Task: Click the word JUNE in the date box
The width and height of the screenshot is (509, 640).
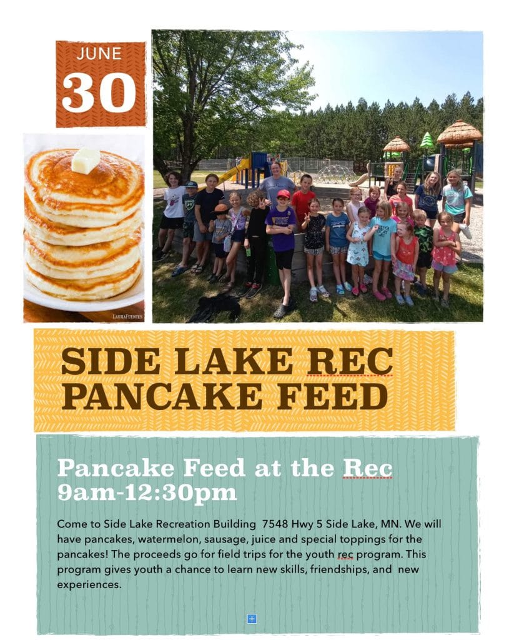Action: tap(99, 54)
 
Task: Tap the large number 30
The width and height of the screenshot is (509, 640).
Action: tap(99, 92)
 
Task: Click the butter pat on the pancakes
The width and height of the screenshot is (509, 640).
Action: tap(85, 161)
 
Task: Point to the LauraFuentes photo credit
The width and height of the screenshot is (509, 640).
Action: tap(127, 316)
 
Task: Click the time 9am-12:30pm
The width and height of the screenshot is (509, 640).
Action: tap(147, 492)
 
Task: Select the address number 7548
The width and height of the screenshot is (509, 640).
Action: tap(275, 524)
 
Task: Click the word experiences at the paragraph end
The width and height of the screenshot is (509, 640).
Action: tap(89, 585)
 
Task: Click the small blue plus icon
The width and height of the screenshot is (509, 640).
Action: tap(252, 619)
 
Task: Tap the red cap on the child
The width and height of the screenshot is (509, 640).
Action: tap(283, 194)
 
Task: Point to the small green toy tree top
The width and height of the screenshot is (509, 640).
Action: tap(427, 139)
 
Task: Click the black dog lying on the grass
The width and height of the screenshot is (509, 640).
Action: tap(215, 307)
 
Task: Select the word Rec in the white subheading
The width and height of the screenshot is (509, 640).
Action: tap(367, 468)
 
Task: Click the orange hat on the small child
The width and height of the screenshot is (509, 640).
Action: tap(220, 209)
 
